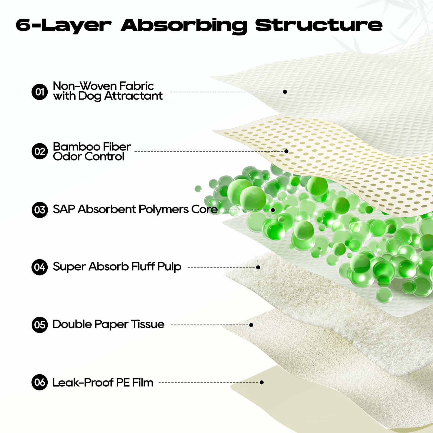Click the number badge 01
click(x=40, y=92)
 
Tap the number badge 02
click(x=40, y=151)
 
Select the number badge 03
click(x=40, y=210)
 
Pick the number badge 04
click(x=40, y=267)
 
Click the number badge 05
click(x=40, y=325)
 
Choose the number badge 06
click(x=40, y=382)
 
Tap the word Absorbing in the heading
click(x=184, y=26)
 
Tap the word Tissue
click(x=147, y=324)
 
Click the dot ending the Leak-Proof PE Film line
click(x=261, y=382)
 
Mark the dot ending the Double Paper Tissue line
click(x=251, y=325)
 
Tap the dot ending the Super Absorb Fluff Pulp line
click(x=258, y=267)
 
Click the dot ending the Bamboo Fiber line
click(x=286, y=151)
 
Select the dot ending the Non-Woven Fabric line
click(x=285, y=92)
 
